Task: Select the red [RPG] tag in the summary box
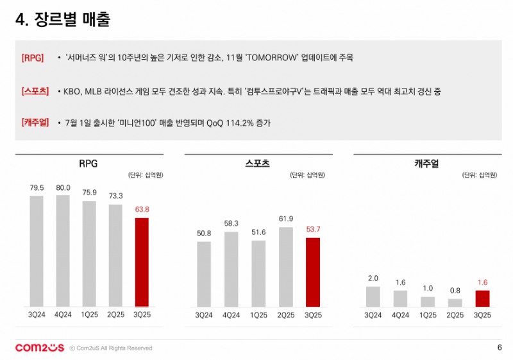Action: coord(33,58)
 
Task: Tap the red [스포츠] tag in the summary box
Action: coord(35,92)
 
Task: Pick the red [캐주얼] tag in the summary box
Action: coord(35,123)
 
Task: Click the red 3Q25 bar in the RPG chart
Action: coord(142,262)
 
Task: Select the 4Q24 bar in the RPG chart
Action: coord(63,250)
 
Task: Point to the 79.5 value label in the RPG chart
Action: coord(37,188)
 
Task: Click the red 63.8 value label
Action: coord(142,210)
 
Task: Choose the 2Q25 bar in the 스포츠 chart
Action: coord(286,266)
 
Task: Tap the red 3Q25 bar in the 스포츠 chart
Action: coord(312,272)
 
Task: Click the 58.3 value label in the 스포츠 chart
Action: coord(231,223)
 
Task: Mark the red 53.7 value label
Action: coord(312,230)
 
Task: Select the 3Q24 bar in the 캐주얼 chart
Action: coord(373,296)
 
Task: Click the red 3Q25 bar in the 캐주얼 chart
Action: coord(482,298)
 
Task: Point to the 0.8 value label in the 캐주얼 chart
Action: coord(455,290)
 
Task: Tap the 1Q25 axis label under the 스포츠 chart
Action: coord(258,315)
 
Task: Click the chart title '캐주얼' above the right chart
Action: coord(426,164)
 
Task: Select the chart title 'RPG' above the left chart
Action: coord(88,164)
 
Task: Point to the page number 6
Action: coord(499,348)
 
